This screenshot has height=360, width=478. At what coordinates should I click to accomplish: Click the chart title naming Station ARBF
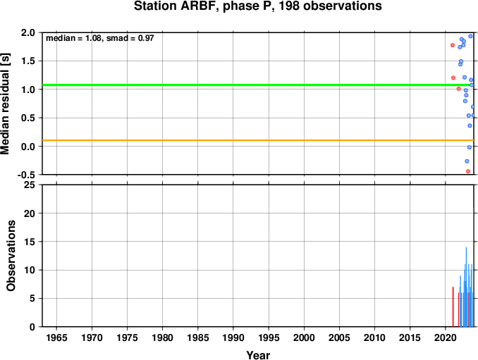(x=257, y=6)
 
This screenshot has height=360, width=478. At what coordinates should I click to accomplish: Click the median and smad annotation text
(x=100, y=38)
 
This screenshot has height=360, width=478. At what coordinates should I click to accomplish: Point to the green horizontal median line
(x=258, y=85)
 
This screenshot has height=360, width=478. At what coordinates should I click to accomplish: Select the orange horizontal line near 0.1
(x=258, y=140)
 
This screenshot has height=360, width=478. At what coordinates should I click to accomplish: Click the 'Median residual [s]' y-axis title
(x=6, y=104)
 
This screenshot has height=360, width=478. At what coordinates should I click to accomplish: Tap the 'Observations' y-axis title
(x=11, y=256)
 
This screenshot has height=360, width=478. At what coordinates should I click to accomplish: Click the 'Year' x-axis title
(x=258, y=355)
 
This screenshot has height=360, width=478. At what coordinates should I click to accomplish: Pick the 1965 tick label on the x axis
(x=56, y=337)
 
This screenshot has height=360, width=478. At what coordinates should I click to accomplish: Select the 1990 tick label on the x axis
(x=233, y=337)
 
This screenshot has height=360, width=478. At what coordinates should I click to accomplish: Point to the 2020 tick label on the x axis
(x=445, y=337)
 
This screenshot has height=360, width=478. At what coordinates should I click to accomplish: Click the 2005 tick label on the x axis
(x=339, y=337)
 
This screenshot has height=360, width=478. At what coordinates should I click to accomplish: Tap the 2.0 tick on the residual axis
(x=28, y=32)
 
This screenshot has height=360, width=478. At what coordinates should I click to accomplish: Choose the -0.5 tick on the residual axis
(x=26, y=175)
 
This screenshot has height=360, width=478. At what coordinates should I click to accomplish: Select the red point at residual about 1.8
(x=453, y=45)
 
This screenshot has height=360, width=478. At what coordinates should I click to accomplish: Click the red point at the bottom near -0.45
(x=468, y=171)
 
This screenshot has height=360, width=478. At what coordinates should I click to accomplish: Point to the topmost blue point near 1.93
(x=470, y=36)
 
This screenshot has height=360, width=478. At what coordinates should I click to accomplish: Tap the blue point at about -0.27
(x=467, y=161)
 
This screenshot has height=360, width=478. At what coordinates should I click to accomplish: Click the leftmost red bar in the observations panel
(x=453, y=306)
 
